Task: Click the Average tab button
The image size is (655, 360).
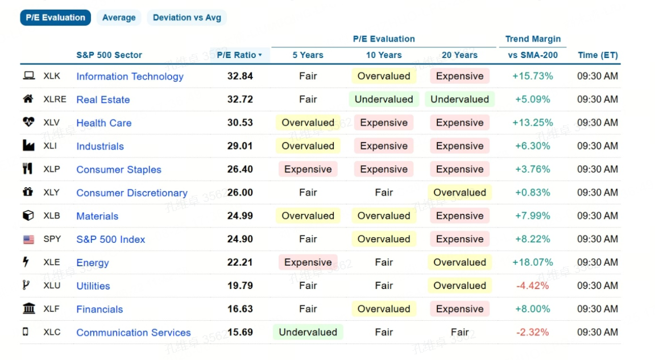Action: coord(119,18)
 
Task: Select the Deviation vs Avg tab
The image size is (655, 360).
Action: coord(186,18)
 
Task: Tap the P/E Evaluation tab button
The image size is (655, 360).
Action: coord(56,18)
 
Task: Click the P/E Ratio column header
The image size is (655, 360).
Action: coord(239,55)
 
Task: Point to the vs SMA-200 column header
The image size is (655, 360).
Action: coord(533,55)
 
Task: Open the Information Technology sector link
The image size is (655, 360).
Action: coord(130,76)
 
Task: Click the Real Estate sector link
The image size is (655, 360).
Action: coord(103,100)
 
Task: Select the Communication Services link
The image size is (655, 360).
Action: coord(133,333)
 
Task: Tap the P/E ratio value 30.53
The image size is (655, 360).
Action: coord(240,123)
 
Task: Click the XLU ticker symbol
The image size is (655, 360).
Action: coord(52,285)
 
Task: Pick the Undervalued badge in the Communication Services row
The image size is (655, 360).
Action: coord(308,332)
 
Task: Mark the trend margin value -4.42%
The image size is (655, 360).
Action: coord(533,285)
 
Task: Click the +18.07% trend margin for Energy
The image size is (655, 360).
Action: coord(533,262)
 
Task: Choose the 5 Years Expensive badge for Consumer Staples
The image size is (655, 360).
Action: coord(308,169)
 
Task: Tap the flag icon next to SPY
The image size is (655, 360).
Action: coord(28,239)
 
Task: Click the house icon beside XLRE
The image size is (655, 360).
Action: coord(28,99)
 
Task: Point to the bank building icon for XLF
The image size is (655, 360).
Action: coord(29,309)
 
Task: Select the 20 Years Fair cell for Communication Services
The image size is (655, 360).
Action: coord(459,332)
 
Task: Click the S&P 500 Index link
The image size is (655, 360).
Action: coord(111,239)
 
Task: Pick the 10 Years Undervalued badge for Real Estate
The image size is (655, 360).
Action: coord(384,100)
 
